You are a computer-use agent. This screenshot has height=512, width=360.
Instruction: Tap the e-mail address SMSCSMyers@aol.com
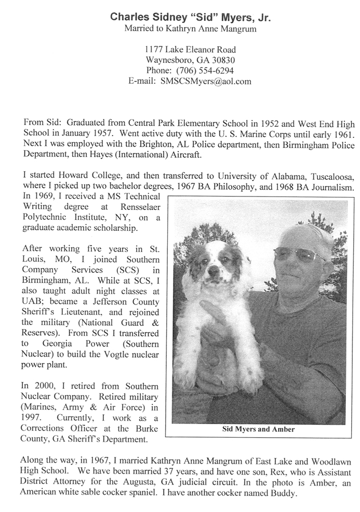(x=206, y=81)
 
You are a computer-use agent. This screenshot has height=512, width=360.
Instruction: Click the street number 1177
(x=154, y=50)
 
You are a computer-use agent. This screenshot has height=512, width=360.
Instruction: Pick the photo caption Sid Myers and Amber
(x=258, y=429)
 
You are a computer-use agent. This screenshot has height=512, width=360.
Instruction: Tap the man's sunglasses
(x=298, y=254)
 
